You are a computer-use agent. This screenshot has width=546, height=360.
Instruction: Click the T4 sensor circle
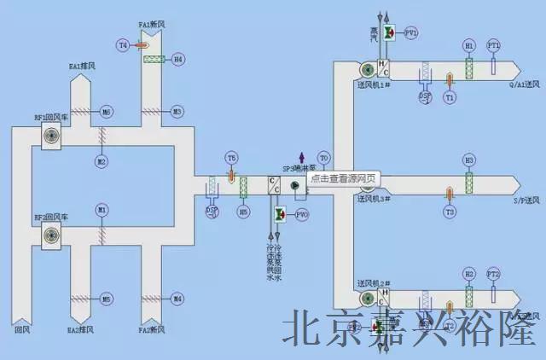[123, 44]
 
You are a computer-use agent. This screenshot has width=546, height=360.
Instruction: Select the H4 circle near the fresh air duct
[177, 60]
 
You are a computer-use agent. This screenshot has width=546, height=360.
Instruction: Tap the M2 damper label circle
[102, 161]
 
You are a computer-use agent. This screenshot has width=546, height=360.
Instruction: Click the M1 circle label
[102, 209]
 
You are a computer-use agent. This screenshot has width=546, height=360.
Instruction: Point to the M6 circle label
[107, 112]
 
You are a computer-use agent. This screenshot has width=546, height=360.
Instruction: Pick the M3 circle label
[177, 112]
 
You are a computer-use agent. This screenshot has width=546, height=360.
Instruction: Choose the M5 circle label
[107, 299]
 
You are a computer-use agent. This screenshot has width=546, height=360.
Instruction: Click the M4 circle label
[177, 299]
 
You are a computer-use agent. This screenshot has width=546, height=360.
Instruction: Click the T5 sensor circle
[231, 158]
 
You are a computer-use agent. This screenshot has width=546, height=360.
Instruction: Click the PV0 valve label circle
[302, 215]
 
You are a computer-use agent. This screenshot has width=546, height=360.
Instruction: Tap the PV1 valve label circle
[411, 33]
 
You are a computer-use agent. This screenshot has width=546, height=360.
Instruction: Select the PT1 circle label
[493, 44]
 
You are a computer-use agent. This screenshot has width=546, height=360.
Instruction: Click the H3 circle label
[468, 160]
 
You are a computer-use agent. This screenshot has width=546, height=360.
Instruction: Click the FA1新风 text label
[153, 25]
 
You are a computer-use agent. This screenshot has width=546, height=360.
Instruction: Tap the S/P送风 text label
[526, 200]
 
